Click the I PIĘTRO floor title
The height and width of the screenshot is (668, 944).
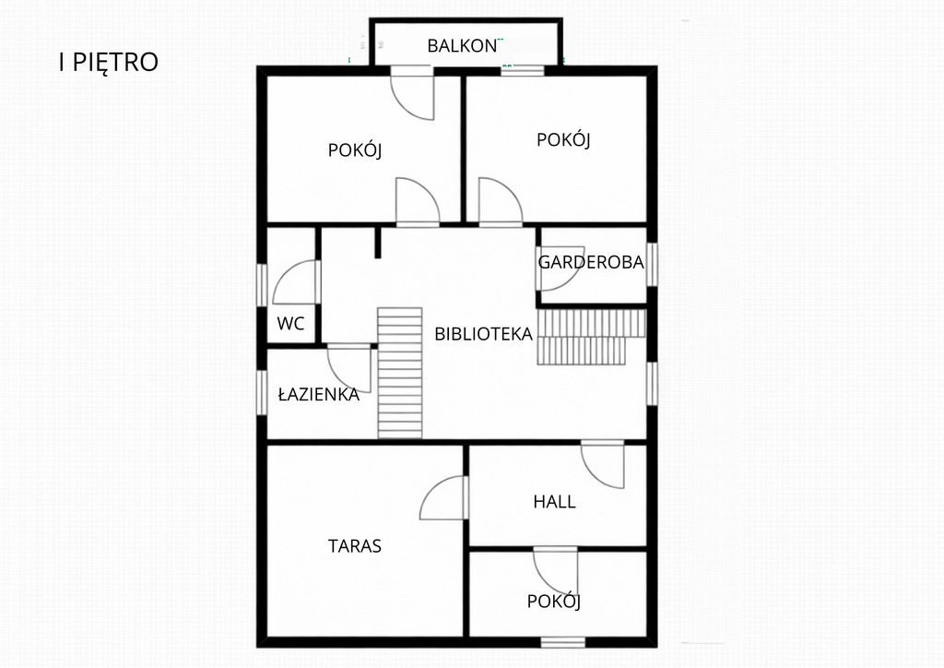tap(109, 62)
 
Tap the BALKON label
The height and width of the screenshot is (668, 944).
tap(463, 46)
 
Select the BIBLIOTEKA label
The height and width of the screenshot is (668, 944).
tap(483, 334)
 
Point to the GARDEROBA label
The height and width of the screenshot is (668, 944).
tap(591, 262)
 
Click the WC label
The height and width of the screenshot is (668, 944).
tap(290, 324)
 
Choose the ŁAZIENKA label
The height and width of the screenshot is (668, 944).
tap(318, 394)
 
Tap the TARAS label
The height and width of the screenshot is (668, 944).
tap(355, 545)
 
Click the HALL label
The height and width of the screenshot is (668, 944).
tap(554, 502)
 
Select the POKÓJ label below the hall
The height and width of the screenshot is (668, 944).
tap(554, 602)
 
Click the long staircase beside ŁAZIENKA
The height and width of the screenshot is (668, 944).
tap(400, 373)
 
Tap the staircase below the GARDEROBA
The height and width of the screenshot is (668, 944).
tap(591, 337)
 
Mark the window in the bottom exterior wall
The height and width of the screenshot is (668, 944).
tap(563, 643)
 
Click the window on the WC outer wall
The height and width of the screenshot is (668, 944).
tap(262, 285)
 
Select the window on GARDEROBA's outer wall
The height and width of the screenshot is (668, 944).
tap(652, 265)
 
